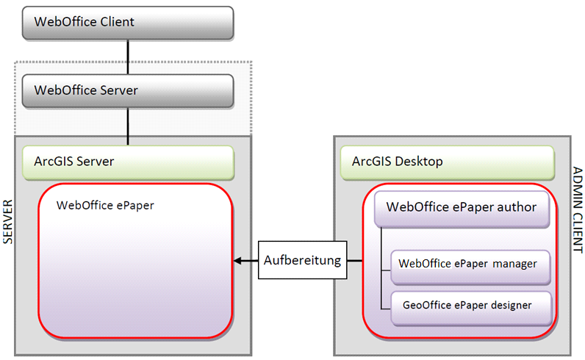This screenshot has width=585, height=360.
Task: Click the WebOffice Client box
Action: point(128,22)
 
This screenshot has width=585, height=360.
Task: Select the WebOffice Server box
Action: point(128,91)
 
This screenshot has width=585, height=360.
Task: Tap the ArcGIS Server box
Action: point(128,162)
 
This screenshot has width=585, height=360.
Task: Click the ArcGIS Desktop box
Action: point(447,162)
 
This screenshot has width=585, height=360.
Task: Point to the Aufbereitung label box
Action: point(302,260)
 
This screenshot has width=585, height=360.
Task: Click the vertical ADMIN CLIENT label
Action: point(576,210)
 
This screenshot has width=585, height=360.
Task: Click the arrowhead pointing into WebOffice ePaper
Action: point(237,260)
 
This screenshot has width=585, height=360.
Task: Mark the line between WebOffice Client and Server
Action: point(129,57)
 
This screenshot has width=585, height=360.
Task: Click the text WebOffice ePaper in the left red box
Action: point(105,206)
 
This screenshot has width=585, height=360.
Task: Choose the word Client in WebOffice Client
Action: point(116,22)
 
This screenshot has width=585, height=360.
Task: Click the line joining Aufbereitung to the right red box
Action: point(354,260)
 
